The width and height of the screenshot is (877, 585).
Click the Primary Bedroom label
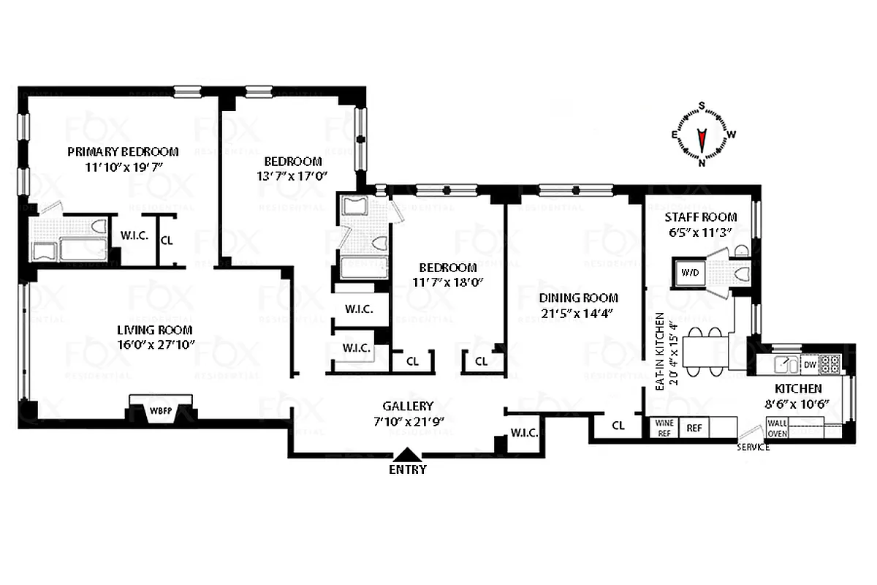pos(123,152)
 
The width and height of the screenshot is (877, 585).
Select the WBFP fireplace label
pos(161,410)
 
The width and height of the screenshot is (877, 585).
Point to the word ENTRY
pos(408,470)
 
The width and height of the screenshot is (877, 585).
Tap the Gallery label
pos(408,406)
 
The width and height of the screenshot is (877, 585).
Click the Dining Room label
pos(578,298)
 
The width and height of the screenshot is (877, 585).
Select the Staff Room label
pos(700,217)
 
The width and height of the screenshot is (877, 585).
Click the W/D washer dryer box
pos(690,273)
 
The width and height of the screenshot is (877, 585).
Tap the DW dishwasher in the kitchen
pos(809,363)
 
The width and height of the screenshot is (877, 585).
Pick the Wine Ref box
pos(664,427)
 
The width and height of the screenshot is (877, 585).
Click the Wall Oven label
pos(776,427)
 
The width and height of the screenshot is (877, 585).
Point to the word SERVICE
pos(753,447)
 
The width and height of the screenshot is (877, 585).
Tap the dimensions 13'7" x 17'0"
pos(292,175)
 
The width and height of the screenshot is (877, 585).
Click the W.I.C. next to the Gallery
pos(524,433)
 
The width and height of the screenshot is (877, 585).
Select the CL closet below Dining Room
pos(618,425)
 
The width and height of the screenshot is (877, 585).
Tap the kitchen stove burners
pos(829,363)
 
